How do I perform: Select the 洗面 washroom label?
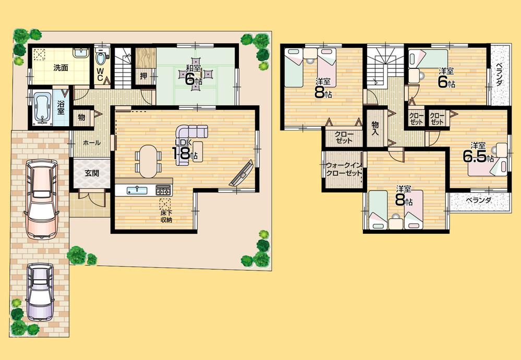pos(60,67)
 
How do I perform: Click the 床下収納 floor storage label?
pos(166,217)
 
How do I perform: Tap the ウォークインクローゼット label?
pos(344,170)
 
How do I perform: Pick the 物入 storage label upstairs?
pos(375,128)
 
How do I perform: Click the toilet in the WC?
pos(101,54)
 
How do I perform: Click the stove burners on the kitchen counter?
pos(163,188)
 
